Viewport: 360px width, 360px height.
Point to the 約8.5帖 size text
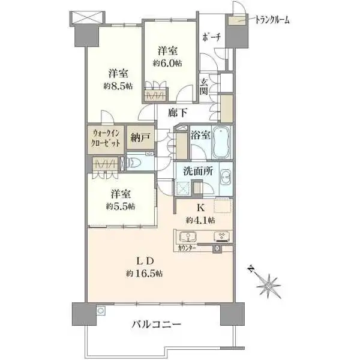tap(118, 86)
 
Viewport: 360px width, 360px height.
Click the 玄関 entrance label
tap(205, 86)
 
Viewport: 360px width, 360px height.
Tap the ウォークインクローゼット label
tap(107, 138)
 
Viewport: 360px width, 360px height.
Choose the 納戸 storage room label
tap(140, 138)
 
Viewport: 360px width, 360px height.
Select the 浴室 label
tap(200, 136)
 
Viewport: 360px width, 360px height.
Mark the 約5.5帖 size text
tap(122, 206)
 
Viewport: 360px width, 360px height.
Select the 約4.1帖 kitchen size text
tap(197, 219)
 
